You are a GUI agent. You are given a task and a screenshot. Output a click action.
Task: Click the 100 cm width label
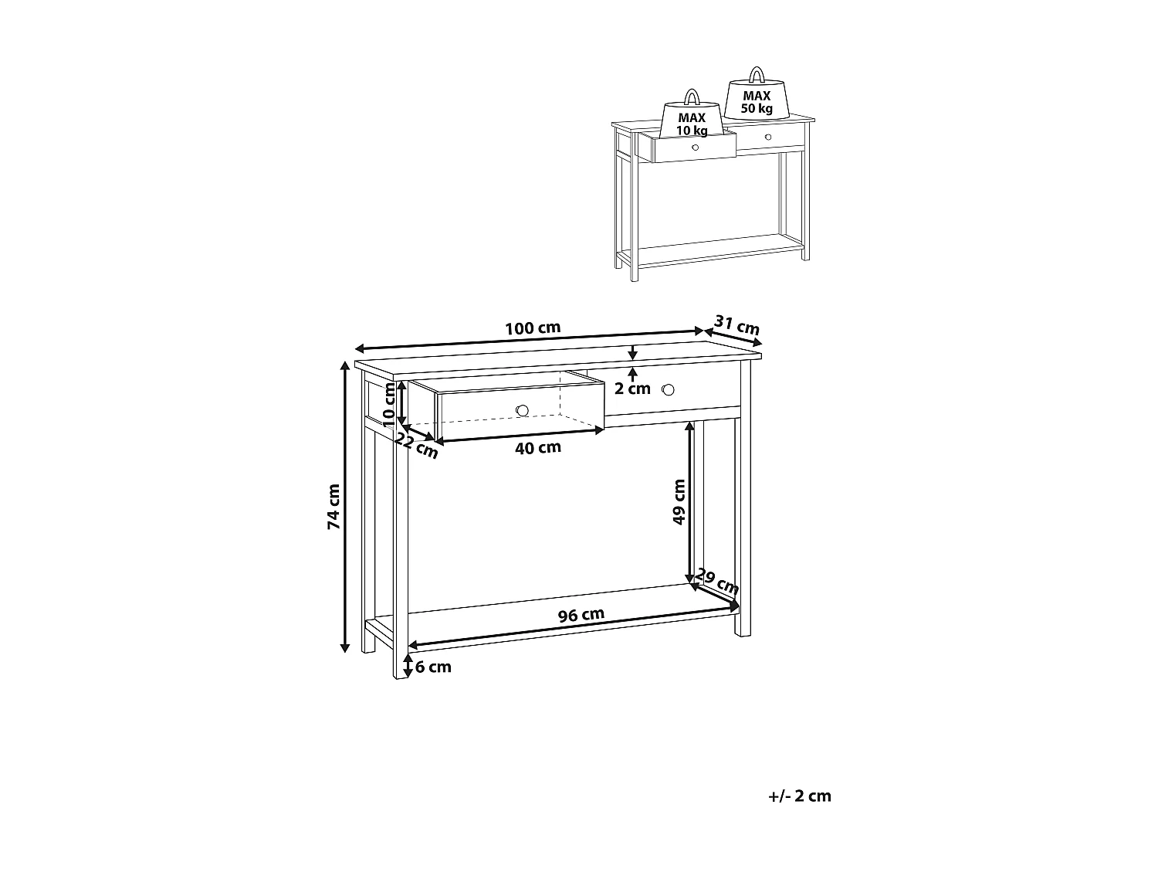(x=533, y=328)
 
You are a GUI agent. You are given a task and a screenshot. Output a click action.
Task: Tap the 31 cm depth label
(x=736, y=325)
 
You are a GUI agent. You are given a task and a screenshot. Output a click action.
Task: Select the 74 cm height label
(x=334, y=507)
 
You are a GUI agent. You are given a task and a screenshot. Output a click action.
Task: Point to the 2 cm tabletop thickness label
(x=632, y=389)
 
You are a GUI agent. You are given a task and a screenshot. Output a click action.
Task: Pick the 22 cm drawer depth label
(x=417, y=445)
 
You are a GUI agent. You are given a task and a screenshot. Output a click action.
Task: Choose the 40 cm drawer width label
(x=538, y=447)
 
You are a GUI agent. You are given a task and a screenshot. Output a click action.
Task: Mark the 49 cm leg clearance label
(x=679, y=502)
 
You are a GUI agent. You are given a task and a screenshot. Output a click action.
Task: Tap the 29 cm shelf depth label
(x=717, y=581)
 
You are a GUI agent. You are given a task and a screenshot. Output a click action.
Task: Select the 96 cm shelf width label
(x=581, y=615)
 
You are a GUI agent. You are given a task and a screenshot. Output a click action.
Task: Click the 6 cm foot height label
(x=433, y=667)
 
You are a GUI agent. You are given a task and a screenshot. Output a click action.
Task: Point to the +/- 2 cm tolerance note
(x=800, y=796)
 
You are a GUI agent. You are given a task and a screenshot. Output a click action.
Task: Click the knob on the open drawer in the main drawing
(x=522, y=409)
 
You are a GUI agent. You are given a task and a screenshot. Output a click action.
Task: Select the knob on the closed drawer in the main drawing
(x=669, y=389)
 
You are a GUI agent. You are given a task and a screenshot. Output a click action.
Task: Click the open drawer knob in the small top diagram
(x=695, y=148)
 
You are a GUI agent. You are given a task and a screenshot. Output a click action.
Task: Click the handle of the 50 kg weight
(x=757, y=75)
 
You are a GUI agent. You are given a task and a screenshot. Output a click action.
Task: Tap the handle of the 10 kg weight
(x=692, y=97)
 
